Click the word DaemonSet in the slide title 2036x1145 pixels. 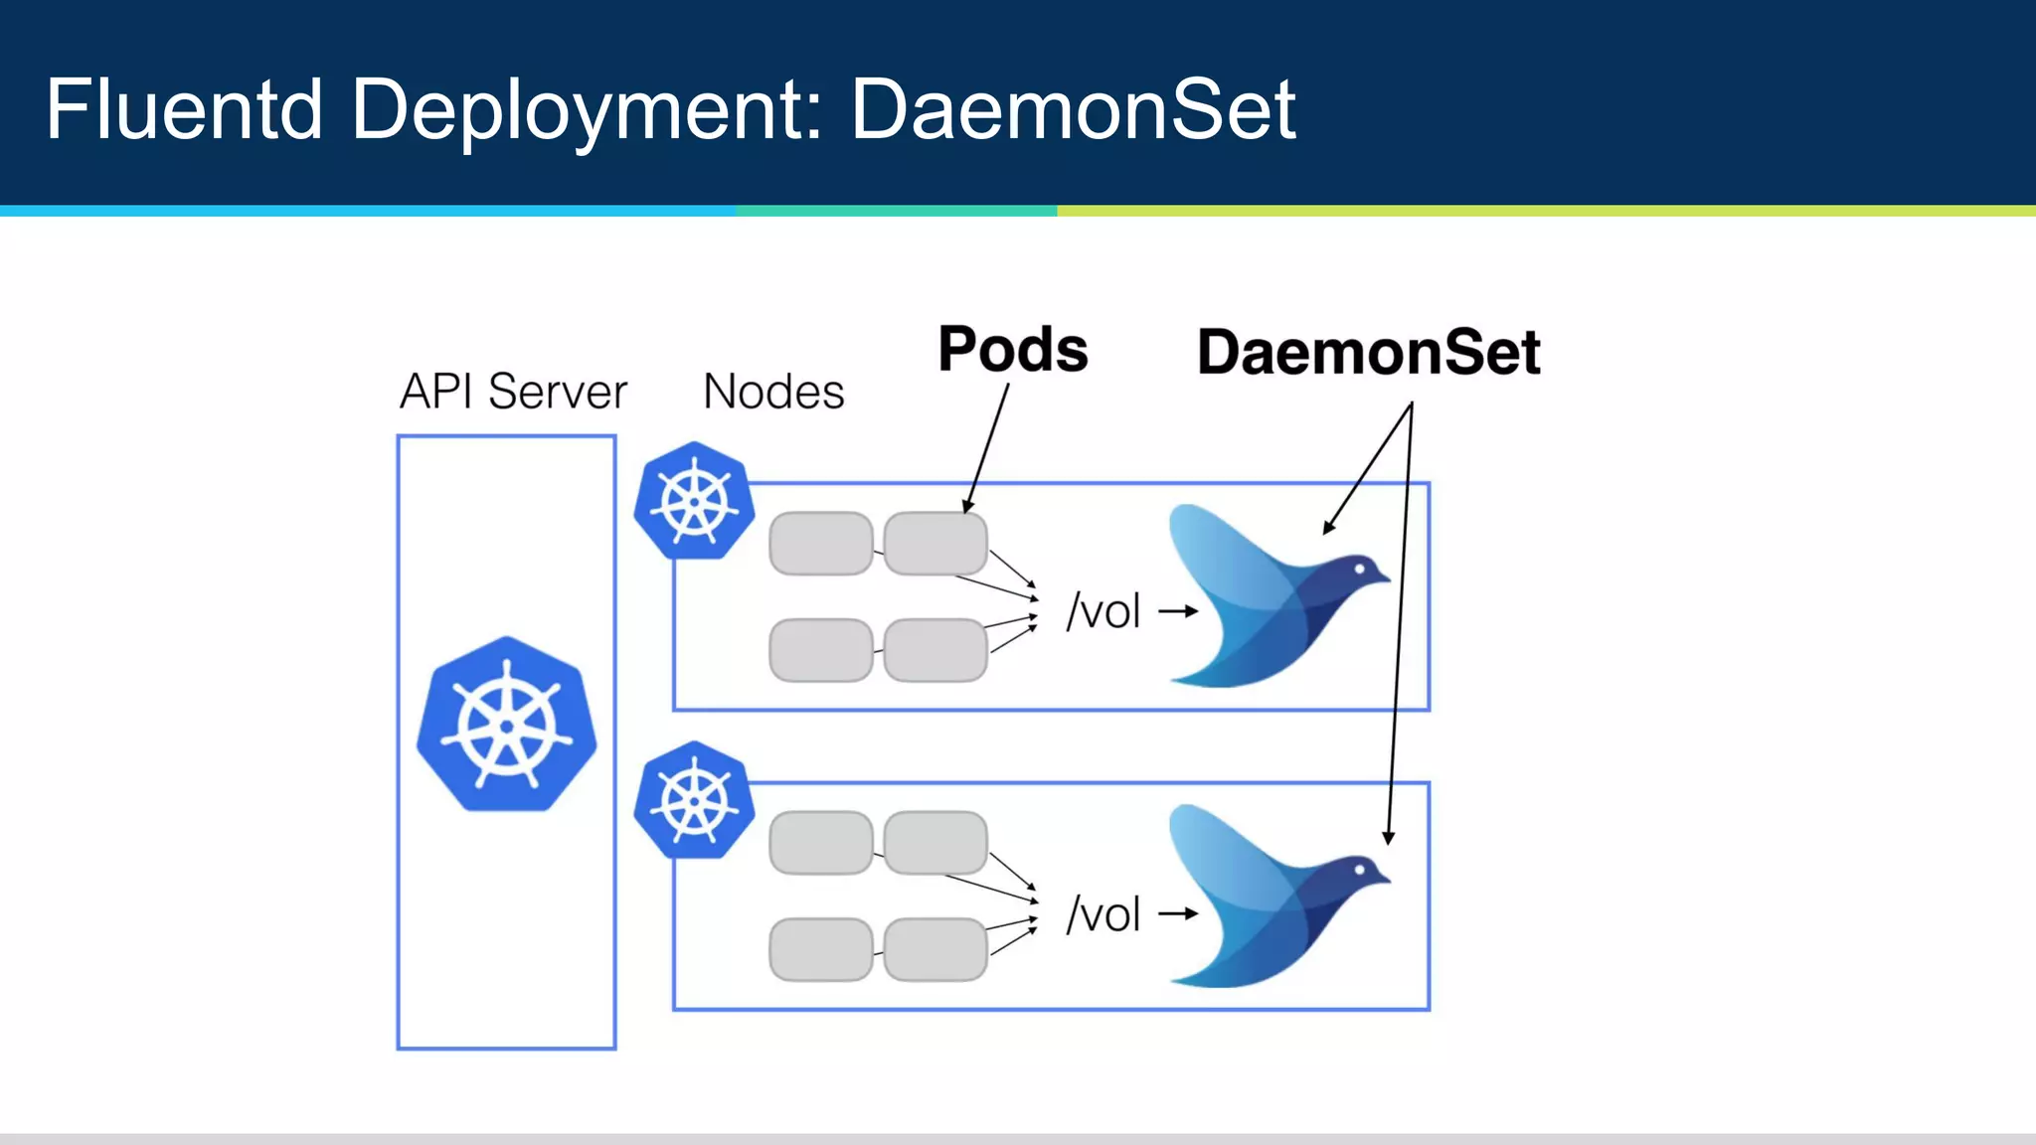(1073, 108)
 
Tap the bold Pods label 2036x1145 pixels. (1013, 350)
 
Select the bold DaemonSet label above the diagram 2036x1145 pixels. (1368, 352)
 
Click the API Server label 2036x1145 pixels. (513, 391)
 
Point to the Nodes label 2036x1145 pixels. (773, 391)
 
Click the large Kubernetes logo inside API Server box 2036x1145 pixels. (507, 725)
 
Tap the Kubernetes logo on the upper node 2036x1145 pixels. (694, 501)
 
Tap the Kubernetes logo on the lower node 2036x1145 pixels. (694, 800)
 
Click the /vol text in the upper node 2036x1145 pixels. (1103, 611)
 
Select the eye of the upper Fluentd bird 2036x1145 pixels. (1359, 570)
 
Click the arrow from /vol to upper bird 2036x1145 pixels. (1178, 611)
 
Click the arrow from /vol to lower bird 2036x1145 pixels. (1178, 913)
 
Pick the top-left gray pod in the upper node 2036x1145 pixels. (821, 544)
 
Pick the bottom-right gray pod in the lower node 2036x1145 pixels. (934, 949)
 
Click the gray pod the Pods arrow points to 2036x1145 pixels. (934, 544)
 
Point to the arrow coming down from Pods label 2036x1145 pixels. (987, 447)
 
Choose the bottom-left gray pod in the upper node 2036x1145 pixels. (821, 650)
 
